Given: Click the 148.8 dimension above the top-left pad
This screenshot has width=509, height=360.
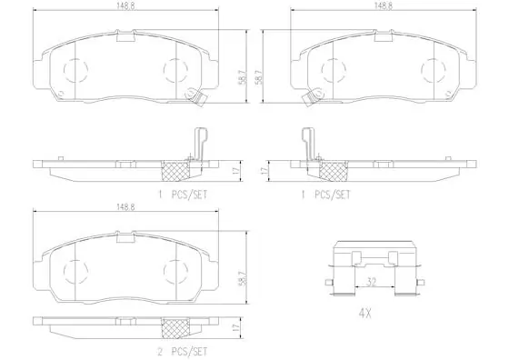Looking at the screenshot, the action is point(126,6).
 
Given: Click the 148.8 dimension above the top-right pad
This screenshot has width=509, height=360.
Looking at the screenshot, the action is point(384,6).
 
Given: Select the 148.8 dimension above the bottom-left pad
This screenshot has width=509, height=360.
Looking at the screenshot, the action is point(126,207).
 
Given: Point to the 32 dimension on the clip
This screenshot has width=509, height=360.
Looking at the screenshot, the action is point(371,282).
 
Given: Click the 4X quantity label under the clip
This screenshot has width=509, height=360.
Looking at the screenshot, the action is point(364,314).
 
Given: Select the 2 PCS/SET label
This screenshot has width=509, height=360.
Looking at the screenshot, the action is point(182,351).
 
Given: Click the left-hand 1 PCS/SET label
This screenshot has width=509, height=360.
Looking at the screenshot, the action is point(182,195).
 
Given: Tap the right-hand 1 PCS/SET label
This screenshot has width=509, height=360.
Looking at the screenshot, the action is point(326,195).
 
